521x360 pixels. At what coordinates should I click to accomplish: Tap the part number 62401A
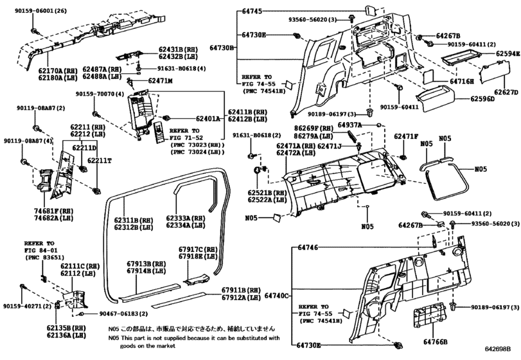pyautogui.click(x=206, y=119)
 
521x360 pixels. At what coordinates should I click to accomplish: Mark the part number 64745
pyautogui.click(x=253, y=10)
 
